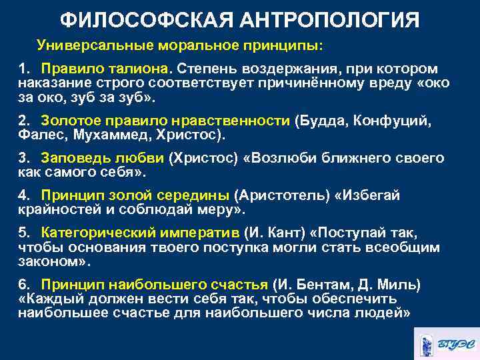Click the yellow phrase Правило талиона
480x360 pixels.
tap(105, 69)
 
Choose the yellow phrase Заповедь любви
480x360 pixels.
tap(103, 159)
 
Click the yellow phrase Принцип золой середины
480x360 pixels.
tap(135, 196)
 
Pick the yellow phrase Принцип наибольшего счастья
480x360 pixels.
tap(155, 285)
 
